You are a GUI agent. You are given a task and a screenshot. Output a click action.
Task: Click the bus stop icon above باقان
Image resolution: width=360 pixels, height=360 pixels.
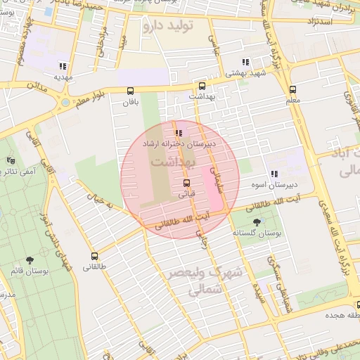click(130, 90)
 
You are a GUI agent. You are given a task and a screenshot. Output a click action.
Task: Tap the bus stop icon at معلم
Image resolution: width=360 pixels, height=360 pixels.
click(292, 89)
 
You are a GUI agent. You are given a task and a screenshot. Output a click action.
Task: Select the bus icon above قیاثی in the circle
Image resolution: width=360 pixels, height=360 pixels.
click(186, 182)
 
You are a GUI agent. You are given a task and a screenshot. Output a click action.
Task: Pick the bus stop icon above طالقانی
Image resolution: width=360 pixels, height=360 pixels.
click(95, 256)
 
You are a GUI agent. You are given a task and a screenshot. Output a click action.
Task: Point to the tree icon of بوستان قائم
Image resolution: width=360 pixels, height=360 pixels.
click(29, 259)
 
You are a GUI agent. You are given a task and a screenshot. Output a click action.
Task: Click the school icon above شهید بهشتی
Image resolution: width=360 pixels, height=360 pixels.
click(245, 62)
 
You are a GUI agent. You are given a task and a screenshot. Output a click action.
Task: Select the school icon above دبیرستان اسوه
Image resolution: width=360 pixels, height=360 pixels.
click(274, 174)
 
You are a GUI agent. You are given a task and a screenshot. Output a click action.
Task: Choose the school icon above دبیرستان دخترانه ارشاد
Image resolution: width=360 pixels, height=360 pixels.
click(179, 132)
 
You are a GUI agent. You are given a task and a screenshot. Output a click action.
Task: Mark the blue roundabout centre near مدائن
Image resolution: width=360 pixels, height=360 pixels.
click(65, 102)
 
